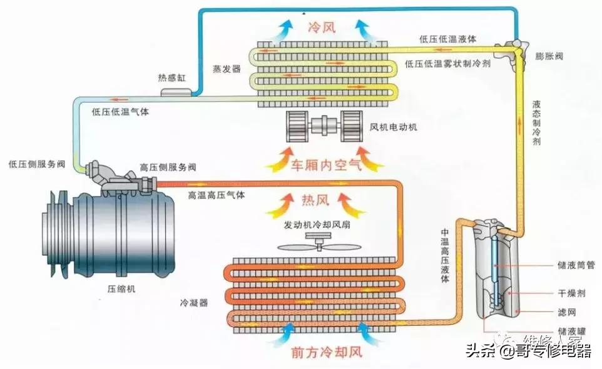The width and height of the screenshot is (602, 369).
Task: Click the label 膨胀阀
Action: click(549, 56)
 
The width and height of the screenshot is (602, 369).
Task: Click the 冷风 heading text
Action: click(323, 28)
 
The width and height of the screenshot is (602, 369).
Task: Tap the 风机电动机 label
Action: click(393, 128)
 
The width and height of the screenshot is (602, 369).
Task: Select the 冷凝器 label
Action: click(194, 303)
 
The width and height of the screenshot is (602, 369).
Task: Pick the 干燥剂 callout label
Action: click(571, 292)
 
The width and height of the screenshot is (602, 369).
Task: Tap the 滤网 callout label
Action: click(566, 311)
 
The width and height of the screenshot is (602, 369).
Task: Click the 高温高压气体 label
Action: click(217, 195)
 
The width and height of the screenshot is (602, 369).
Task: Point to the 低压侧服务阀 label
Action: click(37, 164)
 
